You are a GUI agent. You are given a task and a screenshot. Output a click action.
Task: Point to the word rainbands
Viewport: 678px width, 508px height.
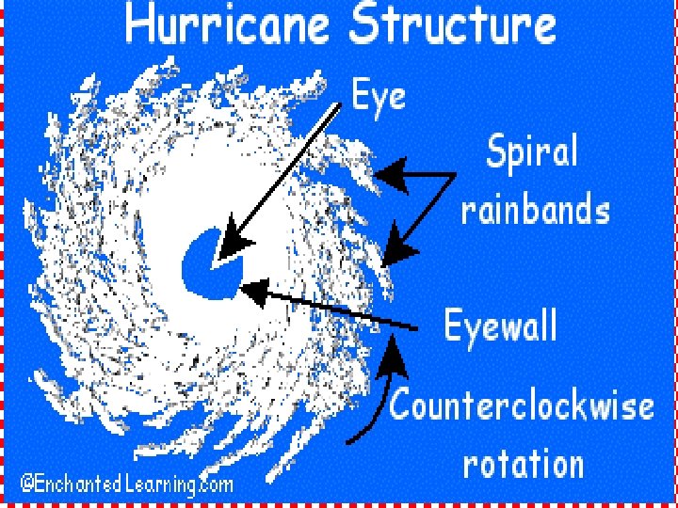[535, 210]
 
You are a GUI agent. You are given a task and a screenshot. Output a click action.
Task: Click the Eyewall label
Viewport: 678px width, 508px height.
[501, 327]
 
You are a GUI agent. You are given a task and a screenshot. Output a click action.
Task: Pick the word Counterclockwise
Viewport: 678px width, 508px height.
[522, 406]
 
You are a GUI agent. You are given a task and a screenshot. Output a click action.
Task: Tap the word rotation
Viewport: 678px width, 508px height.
[524, 463]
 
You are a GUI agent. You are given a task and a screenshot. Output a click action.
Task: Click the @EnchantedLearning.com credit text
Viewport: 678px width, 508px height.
[126, 484]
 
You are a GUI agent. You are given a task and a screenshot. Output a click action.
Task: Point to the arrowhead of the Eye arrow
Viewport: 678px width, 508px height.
[230, 247]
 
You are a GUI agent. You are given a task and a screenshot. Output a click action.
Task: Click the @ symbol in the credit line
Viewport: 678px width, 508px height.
[29, 484]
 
